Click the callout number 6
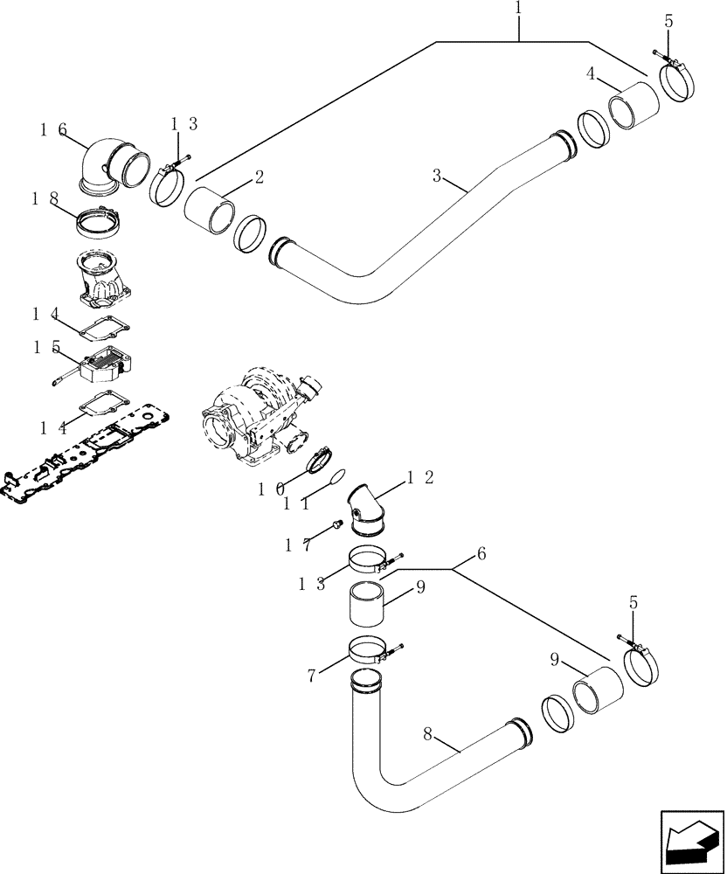[x=481, y=554]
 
